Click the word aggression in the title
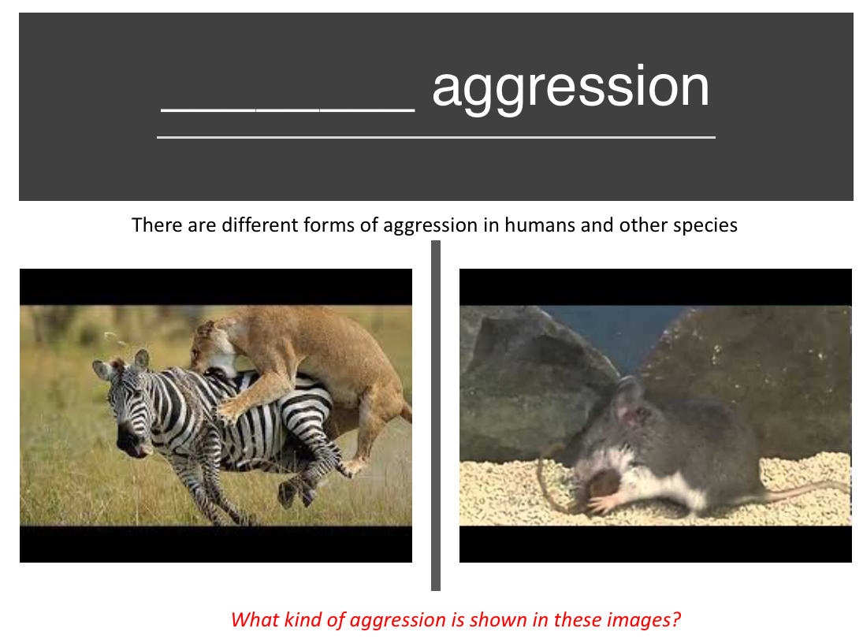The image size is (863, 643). coord(570,87)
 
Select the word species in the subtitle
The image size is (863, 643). coord(705,225)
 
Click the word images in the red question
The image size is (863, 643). coord(642,619)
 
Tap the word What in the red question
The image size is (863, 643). coord(255,619)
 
